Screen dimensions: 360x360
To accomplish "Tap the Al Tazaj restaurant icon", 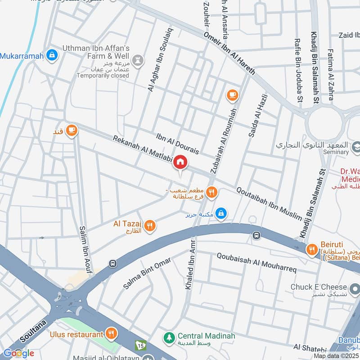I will (150, 226).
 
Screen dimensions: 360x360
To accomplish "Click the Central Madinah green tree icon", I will (169, 336).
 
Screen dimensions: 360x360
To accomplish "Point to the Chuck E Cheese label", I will (319, 287).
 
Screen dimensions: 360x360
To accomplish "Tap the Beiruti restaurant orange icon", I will (311, 249).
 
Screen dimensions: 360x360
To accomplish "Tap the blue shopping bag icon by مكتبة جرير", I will (220, 213).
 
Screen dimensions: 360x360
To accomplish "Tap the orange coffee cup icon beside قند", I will (71, 130).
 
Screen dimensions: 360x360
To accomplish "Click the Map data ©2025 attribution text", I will (336, 356).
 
